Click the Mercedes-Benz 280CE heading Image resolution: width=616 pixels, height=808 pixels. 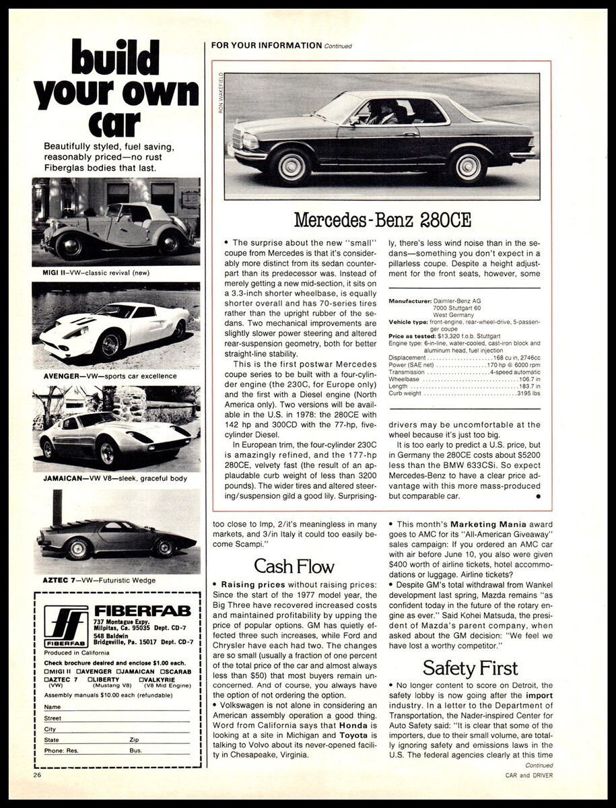pyautogui.click(x=382, y=220)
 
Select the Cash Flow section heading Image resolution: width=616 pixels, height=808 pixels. pyautogui.click(x=294, y=566)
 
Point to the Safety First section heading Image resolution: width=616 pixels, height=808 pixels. pyautogui.click(x=470, y=667)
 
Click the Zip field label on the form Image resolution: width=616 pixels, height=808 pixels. pyautogui.click(x=133, y=739)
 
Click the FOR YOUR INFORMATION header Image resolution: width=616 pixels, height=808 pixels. pyautogui.click(x=266, y=45)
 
